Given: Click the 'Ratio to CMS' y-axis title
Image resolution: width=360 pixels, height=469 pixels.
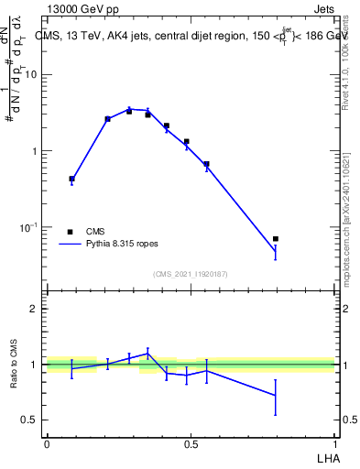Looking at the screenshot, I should (14, 365).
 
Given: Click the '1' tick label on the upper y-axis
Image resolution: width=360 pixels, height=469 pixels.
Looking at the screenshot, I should (34, 151).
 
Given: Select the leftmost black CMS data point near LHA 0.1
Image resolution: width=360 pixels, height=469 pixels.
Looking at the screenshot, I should (71, 179).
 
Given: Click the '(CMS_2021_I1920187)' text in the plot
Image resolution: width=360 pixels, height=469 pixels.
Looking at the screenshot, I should (191, 274).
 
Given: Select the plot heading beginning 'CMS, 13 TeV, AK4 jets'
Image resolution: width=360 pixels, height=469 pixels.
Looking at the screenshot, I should (183, 37).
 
